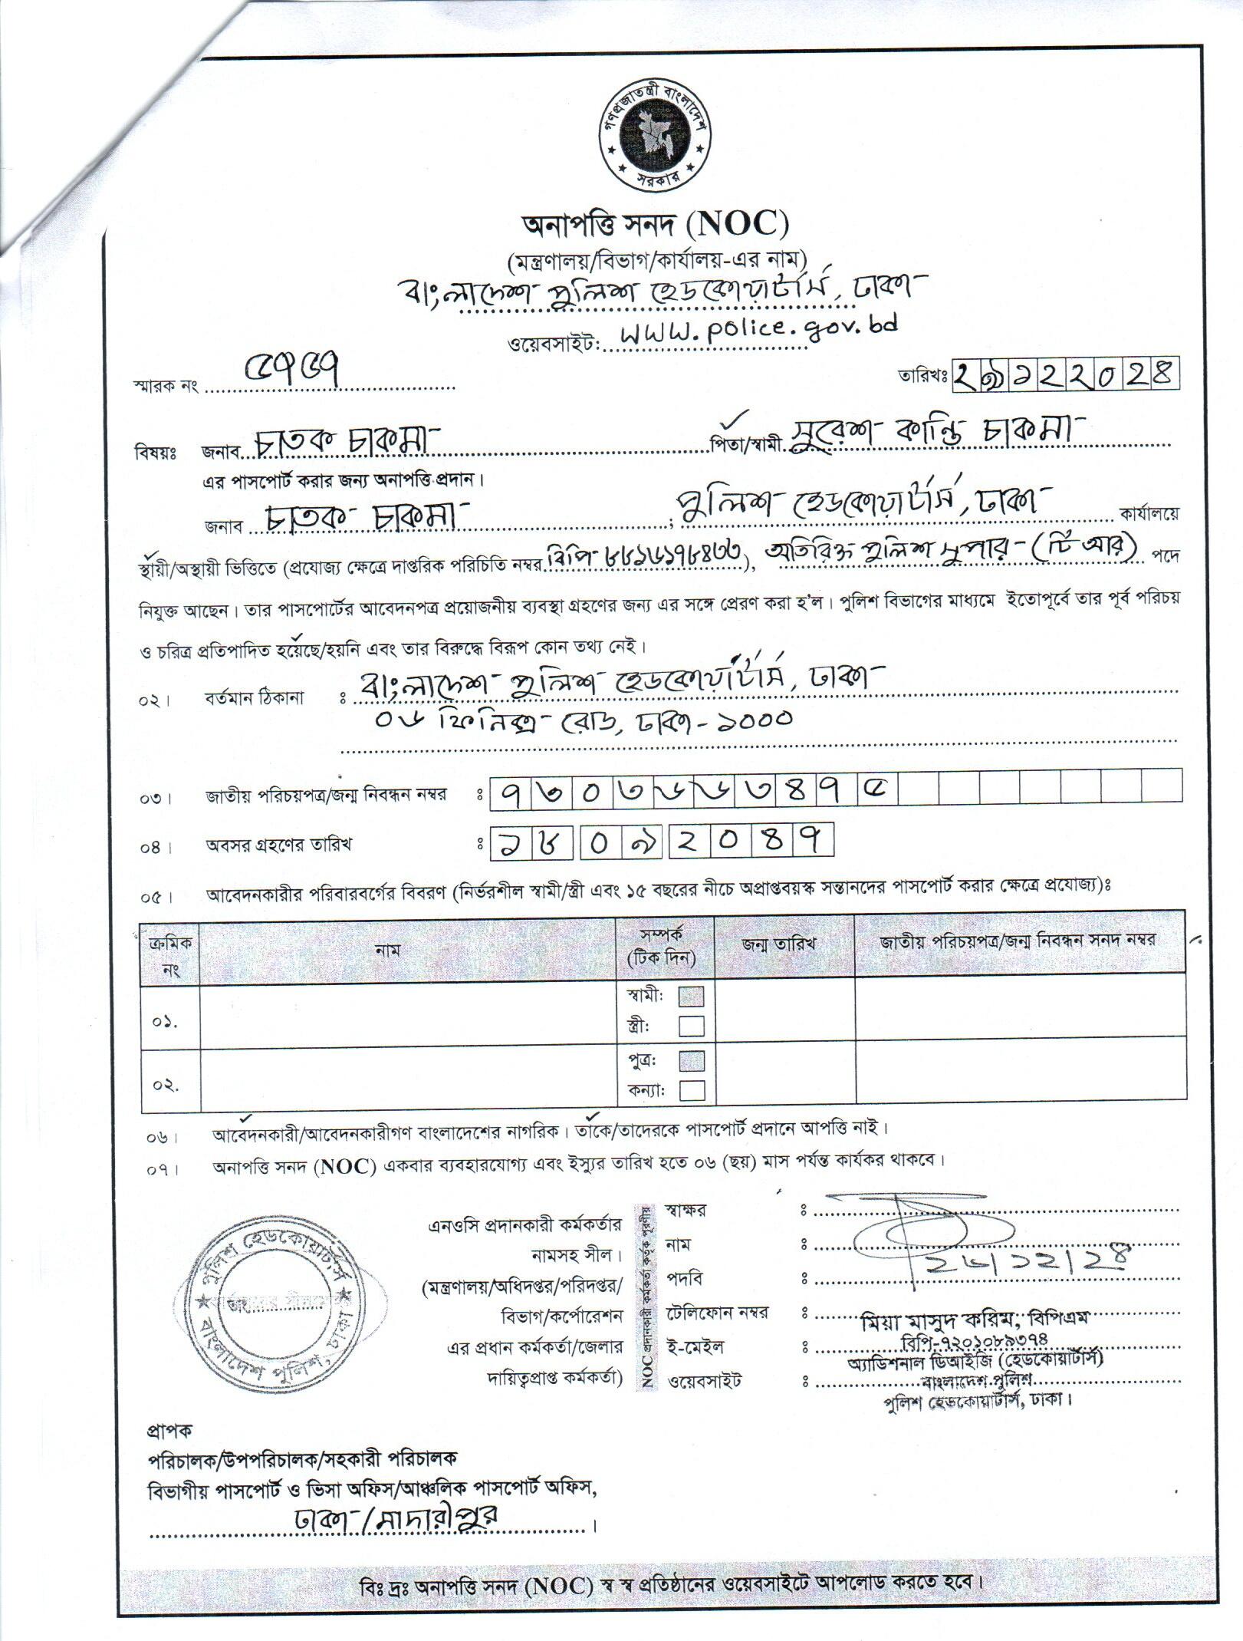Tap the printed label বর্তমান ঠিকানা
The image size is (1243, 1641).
pos(254,698)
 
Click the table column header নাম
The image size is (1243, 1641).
pos(388,950)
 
